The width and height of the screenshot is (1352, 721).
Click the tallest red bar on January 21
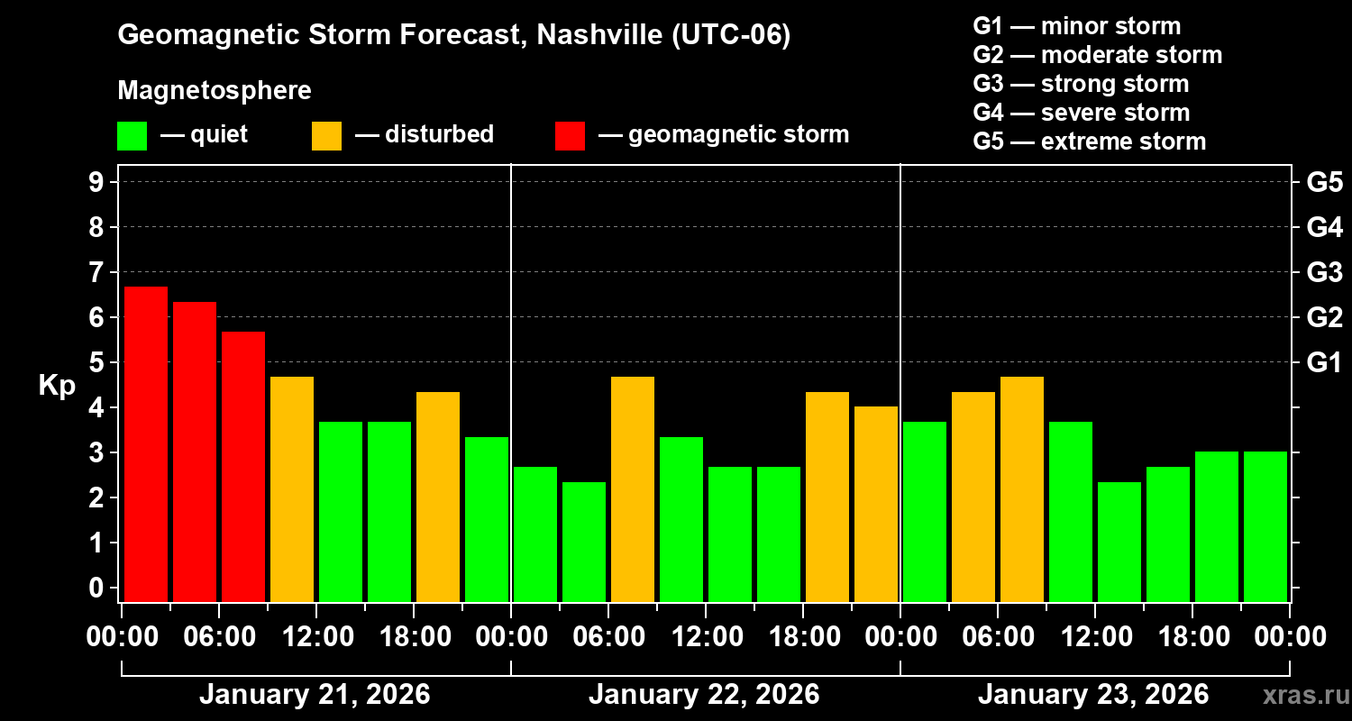click(146, 443)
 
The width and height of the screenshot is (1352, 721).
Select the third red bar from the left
click(243, 466)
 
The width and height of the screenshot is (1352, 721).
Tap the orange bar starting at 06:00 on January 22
click(633, 488)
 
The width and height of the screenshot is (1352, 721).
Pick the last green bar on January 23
click(1265, 526)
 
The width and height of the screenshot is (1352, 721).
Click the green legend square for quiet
click(132, 136)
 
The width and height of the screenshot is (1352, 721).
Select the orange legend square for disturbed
click(326, 136)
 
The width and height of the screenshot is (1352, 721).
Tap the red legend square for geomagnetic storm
click(570, 136)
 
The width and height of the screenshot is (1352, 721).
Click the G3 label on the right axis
click(1324, 272)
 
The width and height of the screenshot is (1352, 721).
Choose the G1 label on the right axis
click(1324, 363)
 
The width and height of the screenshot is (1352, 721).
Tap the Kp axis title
click(57, 386)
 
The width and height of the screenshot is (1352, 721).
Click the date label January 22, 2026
click(704, 695)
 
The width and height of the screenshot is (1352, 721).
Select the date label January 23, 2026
click(1093, 695)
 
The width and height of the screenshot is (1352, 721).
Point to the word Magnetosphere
click(215, 91)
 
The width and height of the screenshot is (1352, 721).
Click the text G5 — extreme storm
click(1089, 141)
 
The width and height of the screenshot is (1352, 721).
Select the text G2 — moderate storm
click(1097, 55)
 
